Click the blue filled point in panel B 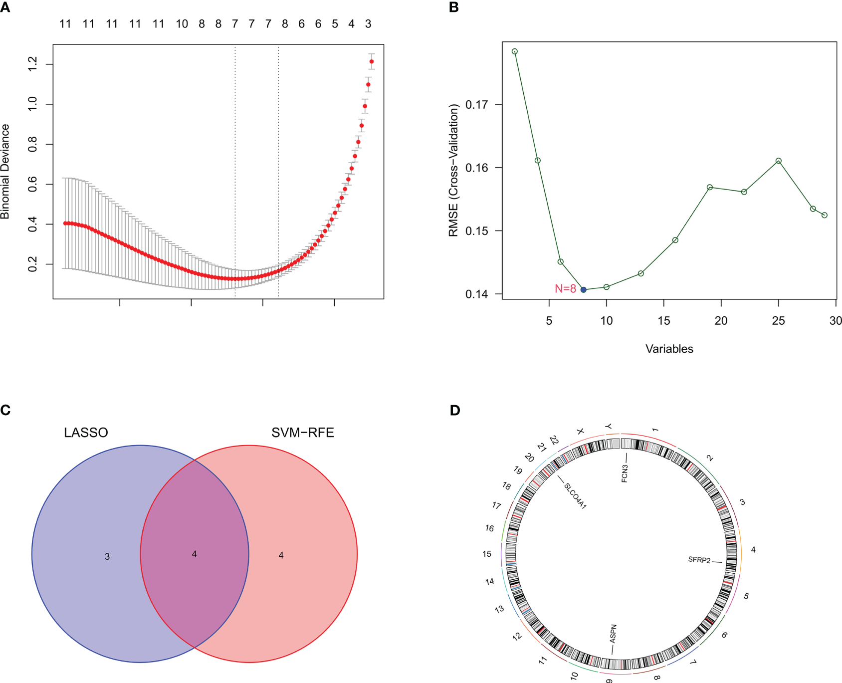583,289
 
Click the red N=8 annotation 565,288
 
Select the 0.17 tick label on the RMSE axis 476,104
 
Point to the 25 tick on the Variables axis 778,320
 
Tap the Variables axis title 669,349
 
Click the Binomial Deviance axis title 5,171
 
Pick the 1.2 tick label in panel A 33,63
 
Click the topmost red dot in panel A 372,61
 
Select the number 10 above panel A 182,24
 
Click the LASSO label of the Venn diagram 86,432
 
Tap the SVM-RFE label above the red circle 302,432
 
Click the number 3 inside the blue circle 107,556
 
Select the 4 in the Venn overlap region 195,554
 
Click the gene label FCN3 625,472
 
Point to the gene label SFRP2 699,560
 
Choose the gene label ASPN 613,633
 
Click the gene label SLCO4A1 575,495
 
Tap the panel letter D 454,410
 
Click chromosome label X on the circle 580,431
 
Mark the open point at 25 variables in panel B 778,161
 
